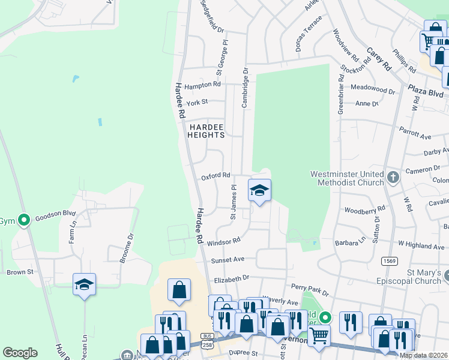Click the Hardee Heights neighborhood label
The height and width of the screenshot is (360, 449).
[x=207, y=131]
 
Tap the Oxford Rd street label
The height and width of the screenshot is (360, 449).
[x=215, y=176]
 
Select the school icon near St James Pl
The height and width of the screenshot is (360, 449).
[x=259, y=191]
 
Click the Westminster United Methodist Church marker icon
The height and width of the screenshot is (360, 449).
[x=393, y=177]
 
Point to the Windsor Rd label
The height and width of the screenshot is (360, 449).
[x=223, y=240]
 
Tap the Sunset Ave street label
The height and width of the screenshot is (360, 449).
[x=228, y=260]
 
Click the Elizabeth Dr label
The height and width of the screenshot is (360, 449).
[x=231, y=278]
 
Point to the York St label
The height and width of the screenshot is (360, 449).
[x=197, y=103]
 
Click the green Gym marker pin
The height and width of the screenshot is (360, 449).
[x=24, y=220]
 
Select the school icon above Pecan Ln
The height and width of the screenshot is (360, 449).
[x=85, y=284]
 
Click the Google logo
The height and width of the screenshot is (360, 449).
[x=20, y=353]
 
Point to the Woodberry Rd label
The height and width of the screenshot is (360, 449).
[x=364, y=210]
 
